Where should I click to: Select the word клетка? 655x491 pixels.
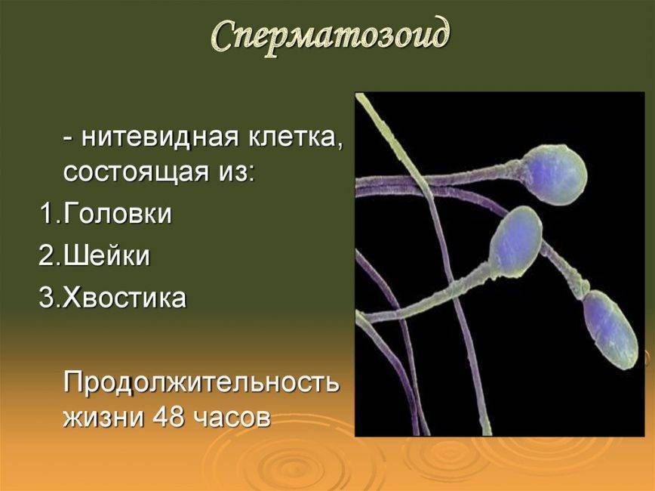point(297,138)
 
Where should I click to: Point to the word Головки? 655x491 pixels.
point(118,213)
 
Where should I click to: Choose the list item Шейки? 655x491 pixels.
point(107,255)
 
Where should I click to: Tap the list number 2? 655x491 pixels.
point(46,255)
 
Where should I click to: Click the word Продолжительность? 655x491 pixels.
point(201,382)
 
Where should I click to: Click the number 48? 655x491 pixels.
point(168,416)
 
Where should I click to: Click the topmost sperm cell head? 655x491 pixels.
point(555,174)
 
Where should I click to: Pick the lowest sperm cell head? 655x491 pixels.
point(610,329)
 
